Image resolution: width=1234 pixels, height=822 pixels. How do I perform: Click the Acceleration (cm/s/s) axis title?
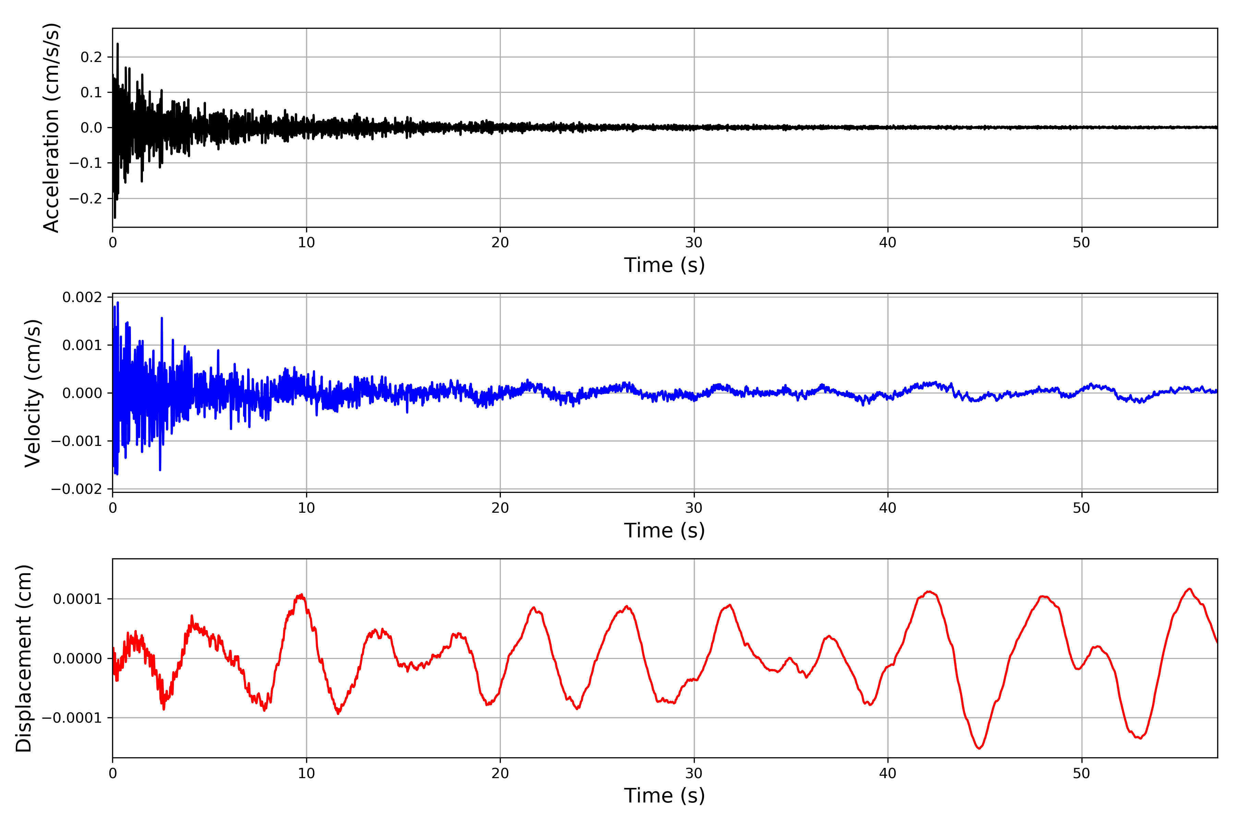click(x=51, y=127)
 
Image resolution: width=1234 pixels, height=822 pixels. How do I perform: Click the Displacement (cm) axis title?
click(x=24, y=658)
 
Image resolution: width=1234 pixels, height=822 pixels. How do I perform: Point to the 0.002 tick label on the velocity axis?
click(x=82, y=297)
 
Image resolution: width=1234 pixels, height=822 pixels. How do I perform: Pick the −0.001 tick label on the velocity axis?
click(x=76, y=441)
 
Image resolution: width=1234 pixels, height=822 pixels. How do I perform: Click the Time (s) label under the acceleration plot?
click(x=664, y=265)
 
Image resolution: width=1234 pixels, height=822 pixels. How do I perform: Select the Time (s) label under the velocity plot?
click(x=664, y=531)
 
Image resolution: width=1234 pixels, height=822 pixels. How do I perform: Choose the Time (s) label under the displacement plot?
click(x=664, y=796)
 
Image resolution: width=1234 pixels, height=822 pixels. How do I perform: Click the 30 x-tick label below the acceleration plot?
click(x=693, y=243)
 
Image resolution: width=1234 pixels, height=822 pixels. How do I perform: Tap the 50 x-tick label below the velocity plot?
click(x=1081, y=508)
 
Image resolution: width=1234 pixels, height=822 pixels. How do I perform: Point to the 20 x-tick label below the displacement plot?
click(x=500, y=773)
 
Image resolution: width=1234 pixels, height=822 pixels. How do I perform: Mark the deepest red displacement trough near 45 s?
click(x=979, y=748)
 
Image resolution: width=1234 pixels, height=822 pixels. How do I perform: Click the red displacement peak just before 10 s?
click(x=301, y=595)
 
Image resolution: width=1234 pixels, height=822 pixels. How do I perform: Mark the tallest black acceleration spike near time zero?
click(x=118, y=44)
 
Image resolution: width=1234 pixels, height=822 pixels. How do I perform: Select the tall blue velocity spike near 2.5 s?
click(x=161, y=318)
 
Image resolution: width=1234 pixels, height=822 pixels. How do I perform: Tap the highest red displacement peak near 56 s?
click(x=1189, y=589)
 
